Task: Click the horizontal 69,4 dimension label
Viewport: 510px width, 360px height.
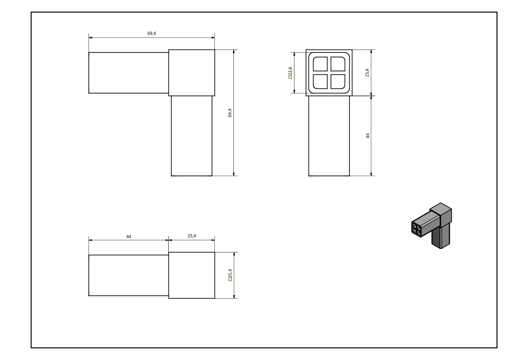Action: click(x=151, y=33)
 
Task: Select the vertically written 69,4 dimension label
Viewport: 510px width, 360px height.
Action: click(x=230, y=113)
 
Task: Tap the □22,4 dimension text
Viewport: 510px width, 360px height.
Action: click(x=290, y=73)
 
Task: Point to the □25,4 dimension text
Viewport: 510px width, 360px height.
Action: click(x=230, y=275)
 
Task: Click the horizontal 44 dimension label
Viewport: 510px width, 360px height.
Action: click(x=129, y=237)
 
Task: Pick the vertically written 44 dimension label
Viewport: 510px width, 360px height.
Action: click(x=368, y=136)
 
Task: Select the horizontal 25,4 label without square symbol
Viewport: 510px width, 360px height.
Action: click(x=192, y=236)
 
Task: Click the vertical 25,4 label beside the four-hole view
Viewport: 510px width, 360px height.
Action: click(x=367, y=72)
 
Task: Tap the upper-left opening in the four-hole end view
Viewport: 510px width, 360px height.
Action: click(x=320, y=64)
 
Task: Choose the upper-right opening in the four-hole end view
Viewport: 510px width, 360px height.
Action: click(x=338, y=64)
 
